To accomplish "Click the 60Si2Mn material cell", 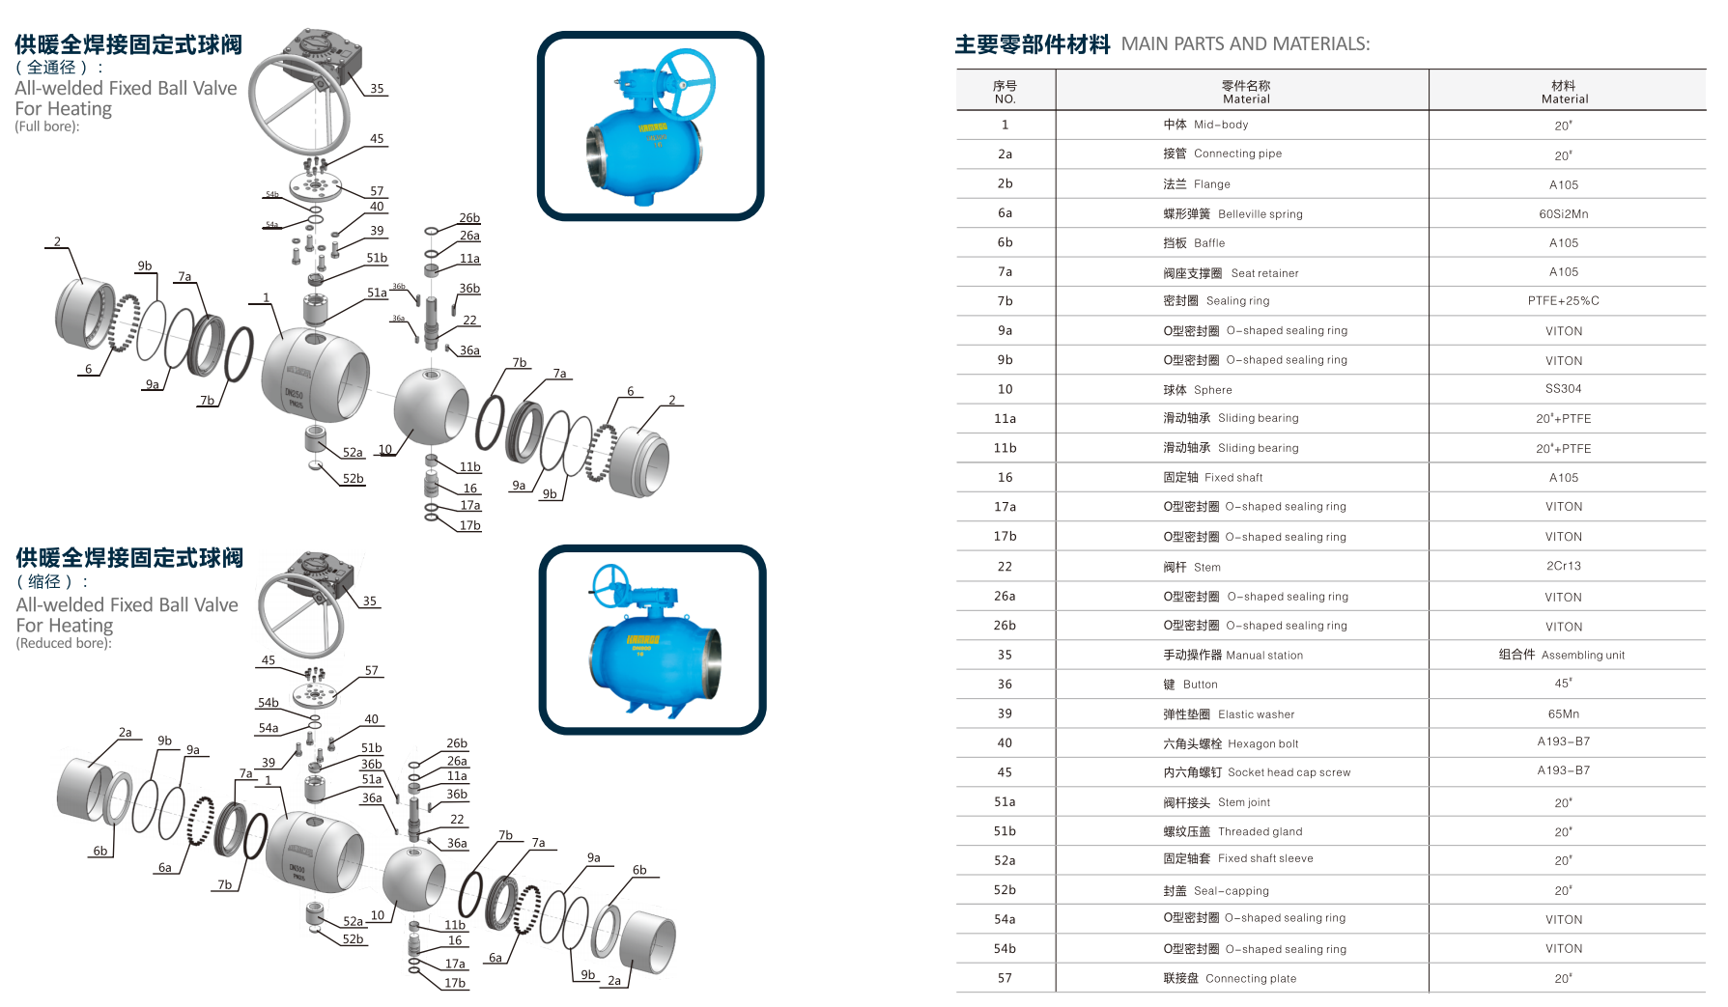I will tap(1563, 213).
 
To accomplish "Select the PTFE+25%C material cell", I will tap(1563, 301).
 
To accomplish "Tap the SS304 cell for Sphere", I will tap(1563, 389).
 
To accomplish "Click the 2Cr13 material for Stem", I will tap(1563, 566).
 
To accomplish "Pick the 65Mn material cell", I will tap(1563, 714).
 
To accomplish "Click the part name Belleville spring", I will tap(1260, 214).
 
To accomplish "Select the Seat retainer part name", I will tap(1264, 273).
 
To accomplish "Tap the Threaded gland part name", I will tap(1260, 831).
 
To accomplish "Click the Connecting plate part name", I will tap(1251, 979).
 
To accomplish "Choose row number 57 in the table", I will tap(1005, 979).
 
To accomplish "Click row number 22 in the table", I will tap(1005, 567).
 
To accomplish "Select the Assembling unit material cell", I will tap(1582, 656).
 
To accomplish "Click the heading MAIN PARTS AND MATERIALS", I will tap(1245, 44).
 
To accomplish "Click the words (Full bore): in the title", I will tap(47, 126).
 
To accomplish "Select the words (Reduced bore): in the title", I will tap(64, 644).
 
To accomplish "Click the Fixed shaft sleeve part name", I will tap(1265, 858).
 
